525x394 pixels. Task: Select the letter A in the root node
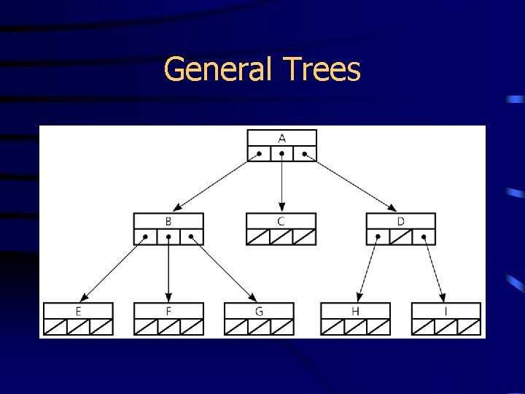coord(281,138)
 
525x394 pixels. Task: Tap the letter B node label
coord(168,221)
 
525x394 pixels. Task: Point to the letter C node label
coord(281,221)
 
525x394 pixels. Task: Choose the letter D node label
coord(400,221)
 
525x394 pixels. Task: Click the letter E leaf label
coord(78,312)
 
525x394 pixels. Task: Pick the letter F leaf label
coord(168,312)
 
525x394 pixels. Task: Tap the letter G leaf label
coord(259,312)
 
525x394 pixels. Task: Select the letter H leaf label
coord(355,312)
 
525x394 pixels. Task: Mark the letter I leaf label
coord(446,312)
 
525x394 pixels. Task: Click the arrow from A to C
coord(281,186)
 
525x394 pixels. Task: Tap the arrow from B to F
coord(168,270)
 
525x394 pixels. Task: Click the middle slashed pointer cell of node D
coord(400,236)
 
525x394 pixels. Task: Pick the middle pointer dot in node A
coord(281,154)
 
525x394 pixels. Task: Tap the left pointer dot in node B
coord(146,236)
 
